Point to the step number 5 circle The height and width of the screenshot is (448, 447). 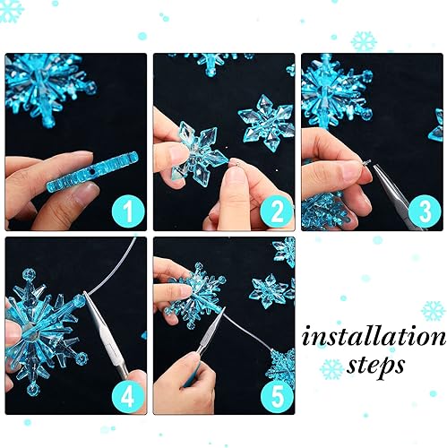275,393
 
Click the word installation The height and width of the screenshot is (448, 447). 374,336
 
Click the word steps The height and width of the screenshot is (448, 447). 378,366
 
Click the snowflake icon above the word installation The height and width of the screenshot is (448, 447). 433,310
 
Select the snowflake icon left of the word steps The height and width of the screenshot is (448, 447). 331,367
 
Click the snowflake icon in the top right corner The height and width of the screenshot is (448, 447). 364,40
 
